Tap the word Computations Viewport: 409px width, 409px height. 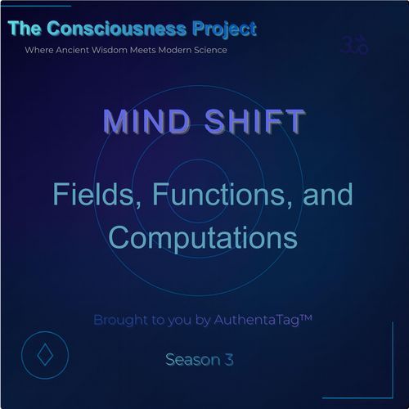point(202,236)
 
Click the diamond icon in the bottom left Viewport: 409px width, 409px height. point(43,357)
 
